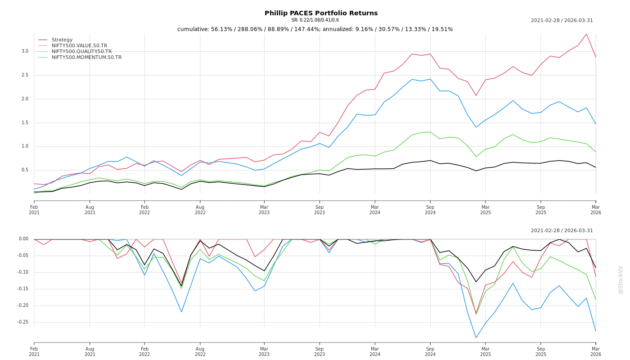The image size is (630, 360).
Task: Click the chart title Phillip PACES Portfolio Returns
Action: coord(321,13)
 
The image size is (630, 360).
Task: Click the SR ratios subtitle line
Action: coord(315,20)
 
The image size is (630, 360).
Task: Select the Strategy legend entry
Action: coord(62,40)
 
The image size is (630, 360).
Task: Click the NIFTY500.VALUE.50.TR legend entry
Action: coord(79,46)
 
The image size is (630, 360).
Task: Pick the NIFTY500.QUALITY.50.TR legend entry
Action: coord(81,52)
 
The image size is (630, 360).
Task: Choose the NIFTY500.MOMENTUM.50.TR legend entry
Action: coord(86,58)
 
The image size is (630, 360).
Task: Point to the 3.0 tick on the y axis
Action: coord(25,51)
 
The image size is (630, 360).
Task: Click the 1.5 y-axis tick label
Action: coord(25,123)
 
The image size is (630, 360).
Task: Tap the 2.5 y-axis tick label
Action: coord(25,75)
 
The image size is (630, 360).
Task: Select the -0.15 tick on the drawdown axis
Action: coord(22,289)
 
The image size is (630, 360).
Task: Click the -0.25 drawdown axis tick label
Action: coord(22,322)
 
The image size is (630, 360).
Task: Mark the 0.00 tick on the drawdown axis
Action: coord(23,239)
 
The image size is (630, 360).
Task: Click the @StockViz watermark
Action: coord(621,279)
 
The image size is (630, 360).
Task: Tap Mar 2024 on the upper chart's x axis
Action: coord(375,210)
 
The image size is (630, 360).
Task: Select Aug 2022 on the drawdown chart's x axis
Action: coord(200,351)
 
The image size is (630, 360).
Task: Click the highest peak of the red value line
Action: coord(586,34)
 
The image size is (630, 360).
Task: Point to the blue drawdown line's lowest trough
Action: coord(476,337)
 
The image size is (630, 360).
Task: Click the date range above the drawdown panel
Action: coord(562,231)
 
